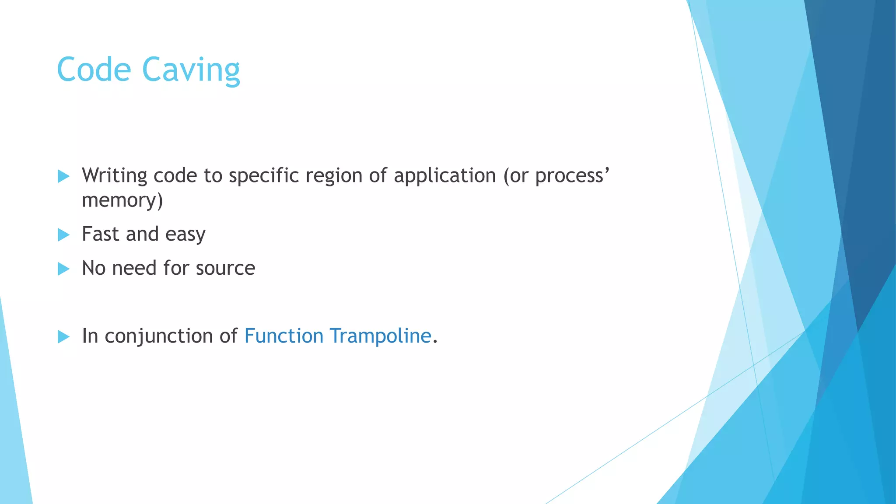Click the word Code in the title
click(94, 70)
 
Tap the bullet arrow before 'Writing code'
click(63, 176)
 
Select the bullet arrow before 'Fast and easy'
click(63, 235)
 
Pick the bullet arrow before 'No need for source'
click(63, 269)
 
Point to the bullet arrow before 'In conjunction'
click(63, 336)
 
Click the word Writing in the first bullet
click(115, 176)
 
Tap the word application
click(444, 176)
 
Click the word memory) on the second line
click(122, 200)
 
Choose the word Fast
click(100, 234)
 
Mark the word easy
click(185, 235)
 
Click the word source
click(225, 268)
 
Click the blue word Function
click(283, 336)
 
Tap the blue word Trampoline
click(380, 336)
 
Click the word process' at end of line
click(572, 176)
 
